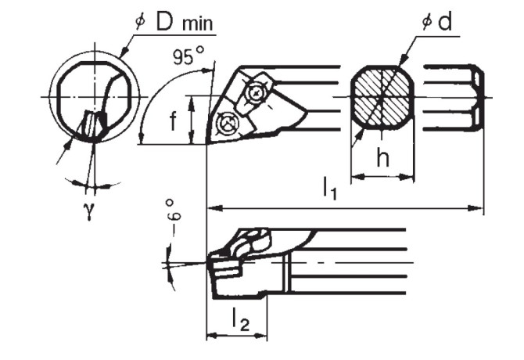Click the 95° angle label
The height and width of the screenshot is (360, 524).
(187, 56)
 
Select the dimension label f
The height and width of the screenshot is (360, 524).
(173, 119)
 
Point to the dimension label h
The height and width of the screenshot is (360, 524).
(382, 157)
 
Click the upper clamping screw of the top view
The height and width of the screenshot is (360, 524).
(256, 93)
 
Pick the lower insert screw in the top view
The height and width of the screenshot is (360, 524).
(228, 123)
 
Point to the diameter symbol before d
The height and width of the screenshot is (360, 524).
(427, 22)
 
